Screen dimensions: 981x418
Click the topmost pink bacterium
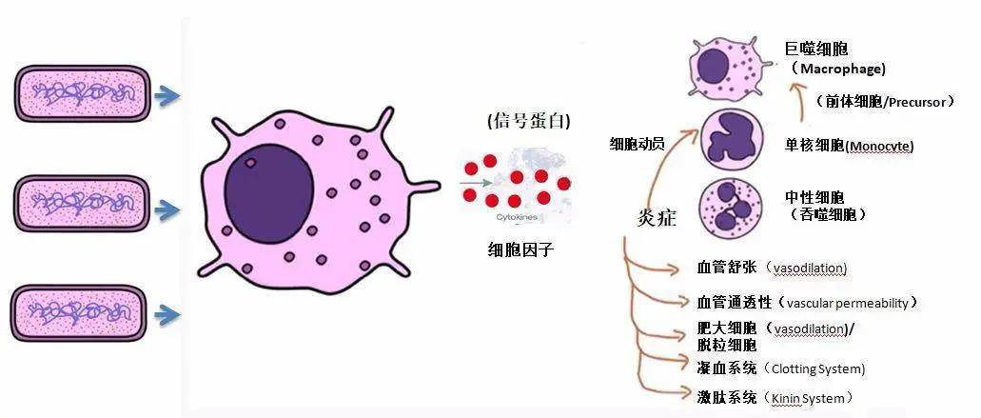tap(83, 94)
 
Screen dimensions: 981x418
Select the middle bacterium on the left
tap(81, 204)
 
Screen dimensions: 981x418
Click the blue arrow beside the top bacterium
tap(167, 96)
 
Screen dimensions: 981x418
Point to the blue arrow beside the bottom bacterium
tap(167, 315)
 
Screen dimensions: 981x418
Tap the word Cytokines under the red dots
tap(516, 217)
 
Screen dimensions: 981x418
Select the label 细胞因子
tap(520, 251)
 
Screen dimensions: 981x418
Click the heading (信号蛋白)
tap(529, 121)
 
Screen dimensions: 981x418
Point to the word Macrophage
tap(843, 69)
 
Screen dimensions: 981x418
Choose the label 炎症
tap(657, 216)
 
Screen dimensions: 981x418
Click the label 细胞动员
tap(637, 144)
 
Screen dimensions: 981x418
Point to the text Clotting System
tap(818, 368)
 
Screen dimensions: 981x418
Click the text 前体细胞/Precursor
tap(885, 101)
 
